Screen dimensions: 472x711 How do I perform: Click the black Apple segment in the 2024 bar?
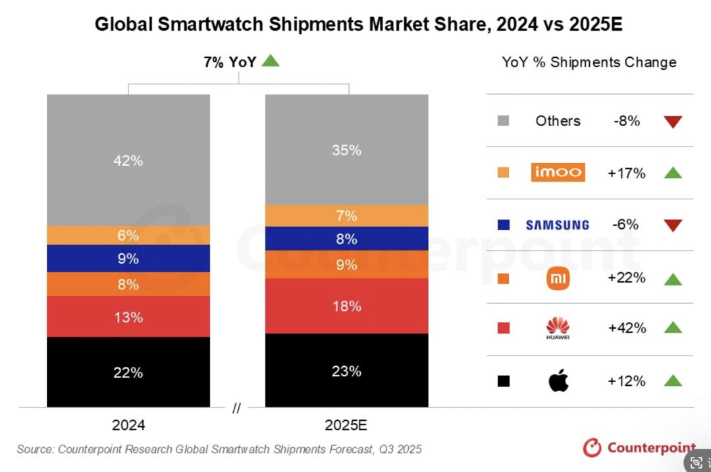coord(128,372)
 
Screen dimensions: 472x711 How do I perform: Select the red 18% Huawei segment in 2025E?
coord(347,306)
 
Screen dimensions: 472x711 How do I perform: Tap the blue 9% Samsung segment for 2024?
coord(128,258)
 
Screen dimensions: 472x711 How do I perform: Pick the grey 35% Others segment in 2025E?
coord(347,150)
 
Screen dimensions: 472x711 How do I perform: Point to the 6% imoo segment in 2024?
coord(128,235)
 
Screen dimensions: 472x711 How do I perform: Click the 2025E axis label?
coord(346,425)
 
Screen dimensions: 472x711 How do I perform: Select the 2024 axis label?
coord(128,425)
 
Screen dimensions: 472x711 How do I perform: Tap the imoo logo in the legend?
coord(558,173)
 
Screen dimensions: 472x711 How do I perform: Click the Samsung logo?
coord(557,225)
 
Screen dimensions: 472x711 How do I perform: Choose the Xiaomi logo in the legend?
coord(558,278)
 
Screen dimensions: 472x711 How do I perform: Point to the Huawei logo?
coord(558,328)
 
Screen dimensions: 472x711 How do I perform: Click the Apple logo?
coord(558,381)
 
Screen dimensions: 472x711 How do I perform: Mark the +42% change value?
coord(627,328)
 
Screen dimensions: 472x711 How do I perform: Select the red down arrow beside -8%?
coord(673,122)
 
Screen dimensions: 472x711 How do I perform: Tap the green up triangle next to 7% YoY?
coord(271,61)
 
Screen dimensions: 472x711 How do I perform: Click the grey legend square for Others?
coord(504,121)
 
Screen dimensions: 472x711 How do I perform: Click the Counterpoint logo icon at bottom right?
coord(592,448)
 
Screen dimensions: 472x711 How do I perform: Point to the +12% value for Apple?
coord(627,381)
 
